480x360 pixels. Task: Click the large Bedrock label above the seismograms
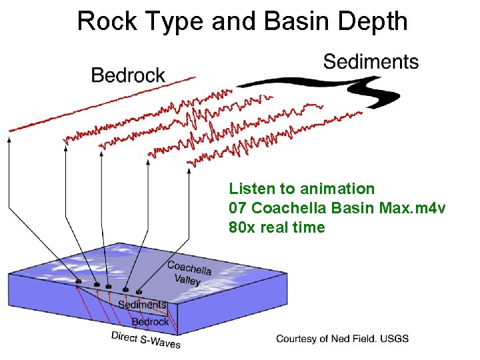(x=128, y=75)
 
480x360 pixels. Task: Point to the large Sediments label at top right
(x=371, y=62)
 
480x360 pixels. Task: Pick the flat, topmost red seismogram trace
(x=100, y=107)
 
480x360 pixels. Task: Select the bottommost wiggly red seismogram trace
(x=267, y=141)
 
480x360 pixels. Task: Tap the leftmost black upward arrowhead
(x=9, y=140)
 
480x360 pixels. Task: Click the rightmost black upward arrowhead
(x=189, y=171)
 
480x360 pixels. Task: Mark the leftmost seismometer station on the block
(x=79, y=281)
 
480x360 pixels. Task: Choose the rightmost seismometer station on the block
(x=139, y=292)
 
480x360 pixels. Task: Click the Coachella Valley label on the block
(x=189, y=273)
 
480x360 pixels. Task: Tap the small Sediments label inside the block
(x=141, y=305)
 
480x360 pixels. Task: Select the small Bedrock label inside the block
(x=150, y=321)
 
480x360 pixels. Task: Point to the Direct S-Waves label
(x=146, y=339)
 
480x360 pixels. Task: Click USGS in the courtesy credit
(x=395, y=339)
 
